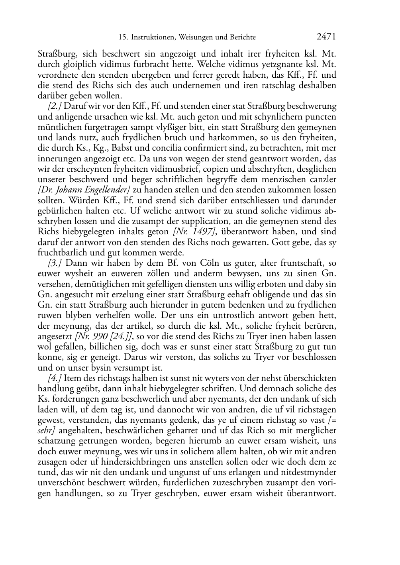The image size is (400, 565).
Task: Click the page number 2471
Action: (326, 37)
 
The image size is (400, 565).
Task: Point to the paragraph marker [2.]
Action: (55, 106)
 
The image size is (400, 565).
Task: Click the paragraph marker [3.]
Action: (55, 263)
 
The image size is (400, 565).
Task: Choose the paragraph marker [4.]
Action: (55, 378)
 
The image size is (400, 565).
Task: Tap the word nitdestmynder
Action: (312, 473)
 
